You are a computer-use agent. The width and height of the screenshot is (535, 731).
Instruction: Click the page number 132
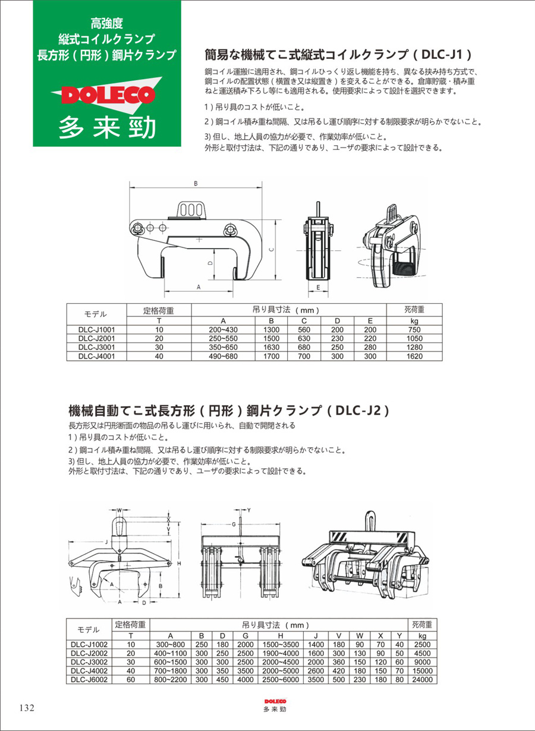pos(27,708)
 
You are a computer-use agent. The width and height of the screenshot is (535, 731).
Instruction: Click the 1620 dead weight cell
pos(415,356)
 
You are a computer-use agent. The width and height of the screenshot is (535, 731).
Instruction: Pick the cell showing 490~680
pos(222,356)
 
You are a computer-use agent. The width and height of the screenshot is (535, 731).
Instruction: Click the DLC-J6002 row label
pos(89,678)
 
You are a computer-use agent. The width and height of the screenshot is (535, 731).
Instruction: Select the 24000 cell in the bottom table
pos(423,678)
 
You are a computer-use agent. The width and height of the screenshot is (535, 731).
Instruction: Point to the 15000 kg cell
pos(423,670)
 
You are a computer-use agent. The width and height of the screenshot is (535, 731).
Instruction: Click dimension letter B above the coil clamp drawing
pos(196,184)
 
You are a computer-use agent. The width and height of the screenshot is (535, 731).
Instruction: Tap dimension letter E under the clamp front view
pos(319,287)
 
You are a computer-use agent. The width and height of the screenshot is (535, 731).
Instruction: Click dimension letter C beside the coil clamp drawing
pos(270,250)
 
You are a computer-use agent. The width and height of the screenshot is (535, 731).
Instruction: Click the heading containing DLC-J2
pos(229,410)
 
